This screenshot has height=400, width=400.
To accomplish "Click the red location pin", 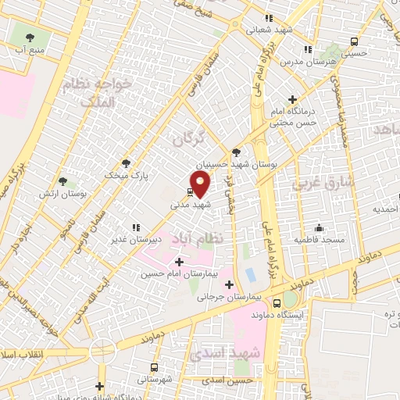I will [201, 184].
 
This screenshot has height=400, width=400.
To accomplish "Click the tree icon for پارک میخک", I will [127, 163].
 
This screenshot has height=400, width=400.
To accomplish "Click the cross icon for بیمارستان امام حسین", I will [180, 262].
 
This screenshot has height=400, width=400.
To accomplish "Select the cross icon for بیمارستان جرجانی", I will [229, 284].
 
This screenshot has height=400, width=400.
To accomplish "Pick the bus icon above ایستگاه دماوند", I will [277, 302].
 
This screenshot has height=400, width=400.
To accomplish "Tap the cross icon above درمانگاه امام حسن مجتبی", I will [292, 99].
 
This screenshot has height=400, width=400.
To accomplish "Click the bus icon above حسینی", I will [355, 42].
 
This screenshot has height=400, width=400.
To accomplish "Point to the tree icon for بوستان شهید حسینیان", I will [236, 152].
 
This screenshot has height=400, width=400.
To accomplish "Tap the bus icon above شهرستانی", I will [154, 366].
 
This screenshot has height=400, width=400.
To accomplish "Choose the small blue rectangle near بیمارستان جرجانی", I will [250, 275].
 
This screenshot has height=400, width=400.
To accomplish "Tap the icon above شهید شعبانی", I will [269, 18].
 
